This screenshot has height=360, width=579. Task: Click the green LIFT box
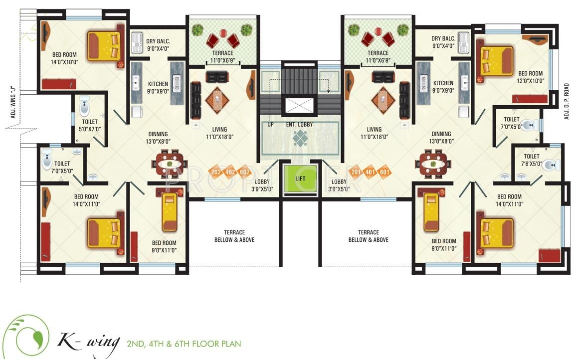pos(300,178)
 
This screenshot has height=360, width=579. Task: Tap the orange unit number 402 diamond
pos(230,173)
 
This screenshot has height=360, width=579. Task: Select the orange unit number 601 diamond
pos(385,173)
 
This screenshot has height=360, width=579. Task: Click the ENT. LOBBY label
pos(300,124)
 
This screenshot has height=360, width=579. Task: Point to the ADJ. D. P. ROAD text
pos(567,101)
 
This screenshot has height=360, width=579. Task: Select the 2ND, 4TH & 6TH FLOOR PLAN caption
pos(184,344)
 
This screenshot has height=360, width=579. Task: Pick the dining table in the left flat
pos(170,164)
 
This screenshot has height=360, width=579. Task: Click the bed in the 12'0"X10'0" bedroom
pos(496,60)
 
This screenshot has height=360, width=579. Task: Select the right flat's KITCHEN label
pos(443,83)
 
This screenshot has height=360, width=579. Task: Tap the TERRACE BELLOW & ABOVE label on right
pos(368,236)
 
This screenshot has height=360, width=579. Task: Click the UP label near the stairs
pos(271,124)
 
